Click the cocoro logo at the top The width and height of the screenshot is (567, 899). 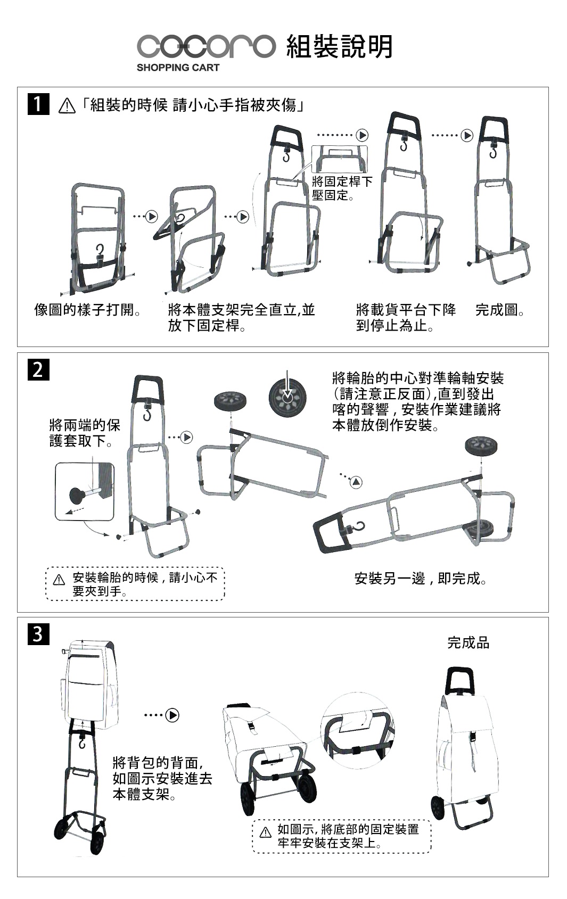click(x=206, y=46)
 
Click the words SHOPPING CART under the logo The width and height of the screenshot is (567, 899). click(x=178, y=68)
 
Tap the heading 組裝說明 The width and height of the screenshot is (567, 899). click(x=340, y=46)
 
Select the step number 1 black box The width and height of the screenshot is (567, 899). click(x=38, y=104)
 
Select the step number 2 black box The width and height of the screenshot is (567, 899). click(x=38, y=369)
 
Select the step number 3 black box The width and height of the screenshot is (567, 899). click(x=38, y=634)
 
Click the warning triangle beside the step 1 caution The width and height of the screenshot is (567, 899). click(x=67, y=106)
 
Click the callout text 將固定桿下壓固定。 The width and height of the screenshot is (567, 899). click(x=342, y=188)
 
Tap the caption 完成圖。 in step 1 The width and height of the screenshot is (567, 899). click(x=500, y=310)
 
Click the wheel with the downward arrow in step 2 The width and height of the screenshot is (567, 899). click(x=287, y=398)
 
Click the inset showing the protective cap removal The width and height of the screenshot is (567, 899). click(x=85, y=491)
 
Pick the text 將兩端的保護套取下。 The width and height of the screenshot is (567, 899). click(x=85, y=433)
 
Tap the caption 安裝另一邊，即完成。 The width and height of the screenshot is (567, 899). click(x=421, y=578)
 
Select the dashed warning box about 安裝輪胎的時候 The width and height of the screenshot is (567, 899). click(x=136, y=584)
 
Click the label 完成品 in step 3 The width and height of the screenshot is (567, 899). click(x=468, y=642)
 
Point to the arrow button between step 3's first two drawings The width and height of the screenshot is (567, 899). click(x=172, y=715)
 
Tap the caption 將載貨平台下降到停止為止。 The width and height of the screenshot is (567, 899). click(x=406, y=317)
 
